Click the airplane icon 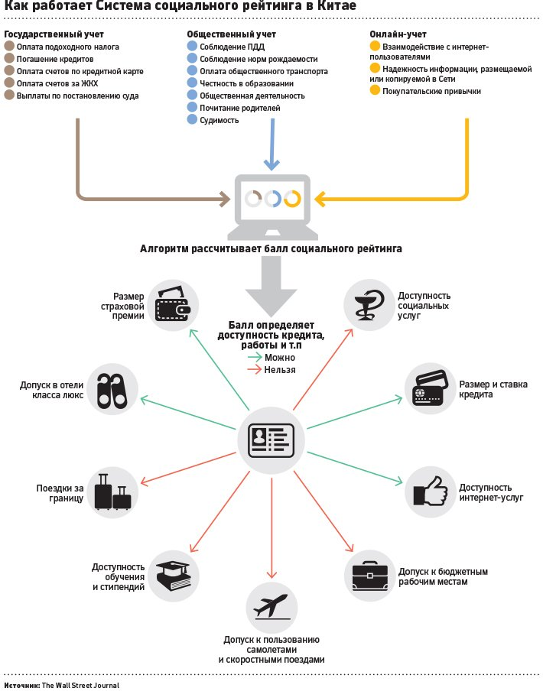point(271,608)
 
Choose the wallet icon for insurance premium point(175,305)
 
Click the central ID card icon point(271,441)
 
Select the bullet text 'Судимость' point(219,120)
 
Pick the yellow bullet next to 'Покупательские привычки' point(374,91)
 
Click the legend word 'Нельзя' point(280,369)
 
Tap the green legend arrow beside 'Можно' point(254,357)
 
